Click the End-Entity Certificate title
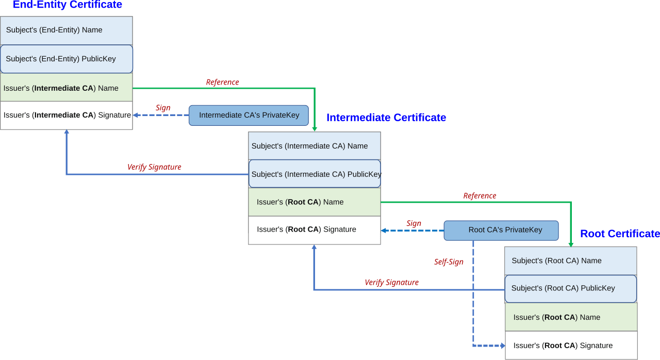point(67,5)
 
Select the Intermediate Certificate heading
point(386,118)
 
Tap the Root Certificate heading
point(620,234)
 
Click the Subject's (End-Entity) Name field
point(67,30)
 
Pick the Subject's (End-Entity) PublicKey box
point(67,59)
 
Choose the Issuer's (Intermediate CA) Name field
point(67,88)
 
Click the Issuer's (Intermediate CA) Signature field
point(67,116)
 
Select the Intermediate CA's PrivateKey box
point(249,116)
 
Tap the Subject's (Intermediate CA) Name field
point(315,146)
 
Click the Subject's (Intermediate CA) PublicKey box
point(315,174)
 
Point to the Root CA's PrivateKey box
point(501,231)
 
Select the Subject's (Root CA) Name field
point(571,261)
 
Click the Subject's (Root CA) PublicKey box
point(571,289)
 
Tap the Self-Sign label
point(449,262)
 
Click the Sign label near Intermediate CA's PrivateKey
point(163,108)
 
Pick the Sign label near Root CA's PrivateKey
point(414,223)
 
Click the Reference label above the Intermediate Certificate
point(222,82)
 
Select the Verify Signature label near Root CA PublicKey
point(391,283)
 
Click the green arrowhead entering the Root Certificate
point(571,245)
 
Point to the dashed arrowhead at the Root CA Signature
point(503,346)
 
